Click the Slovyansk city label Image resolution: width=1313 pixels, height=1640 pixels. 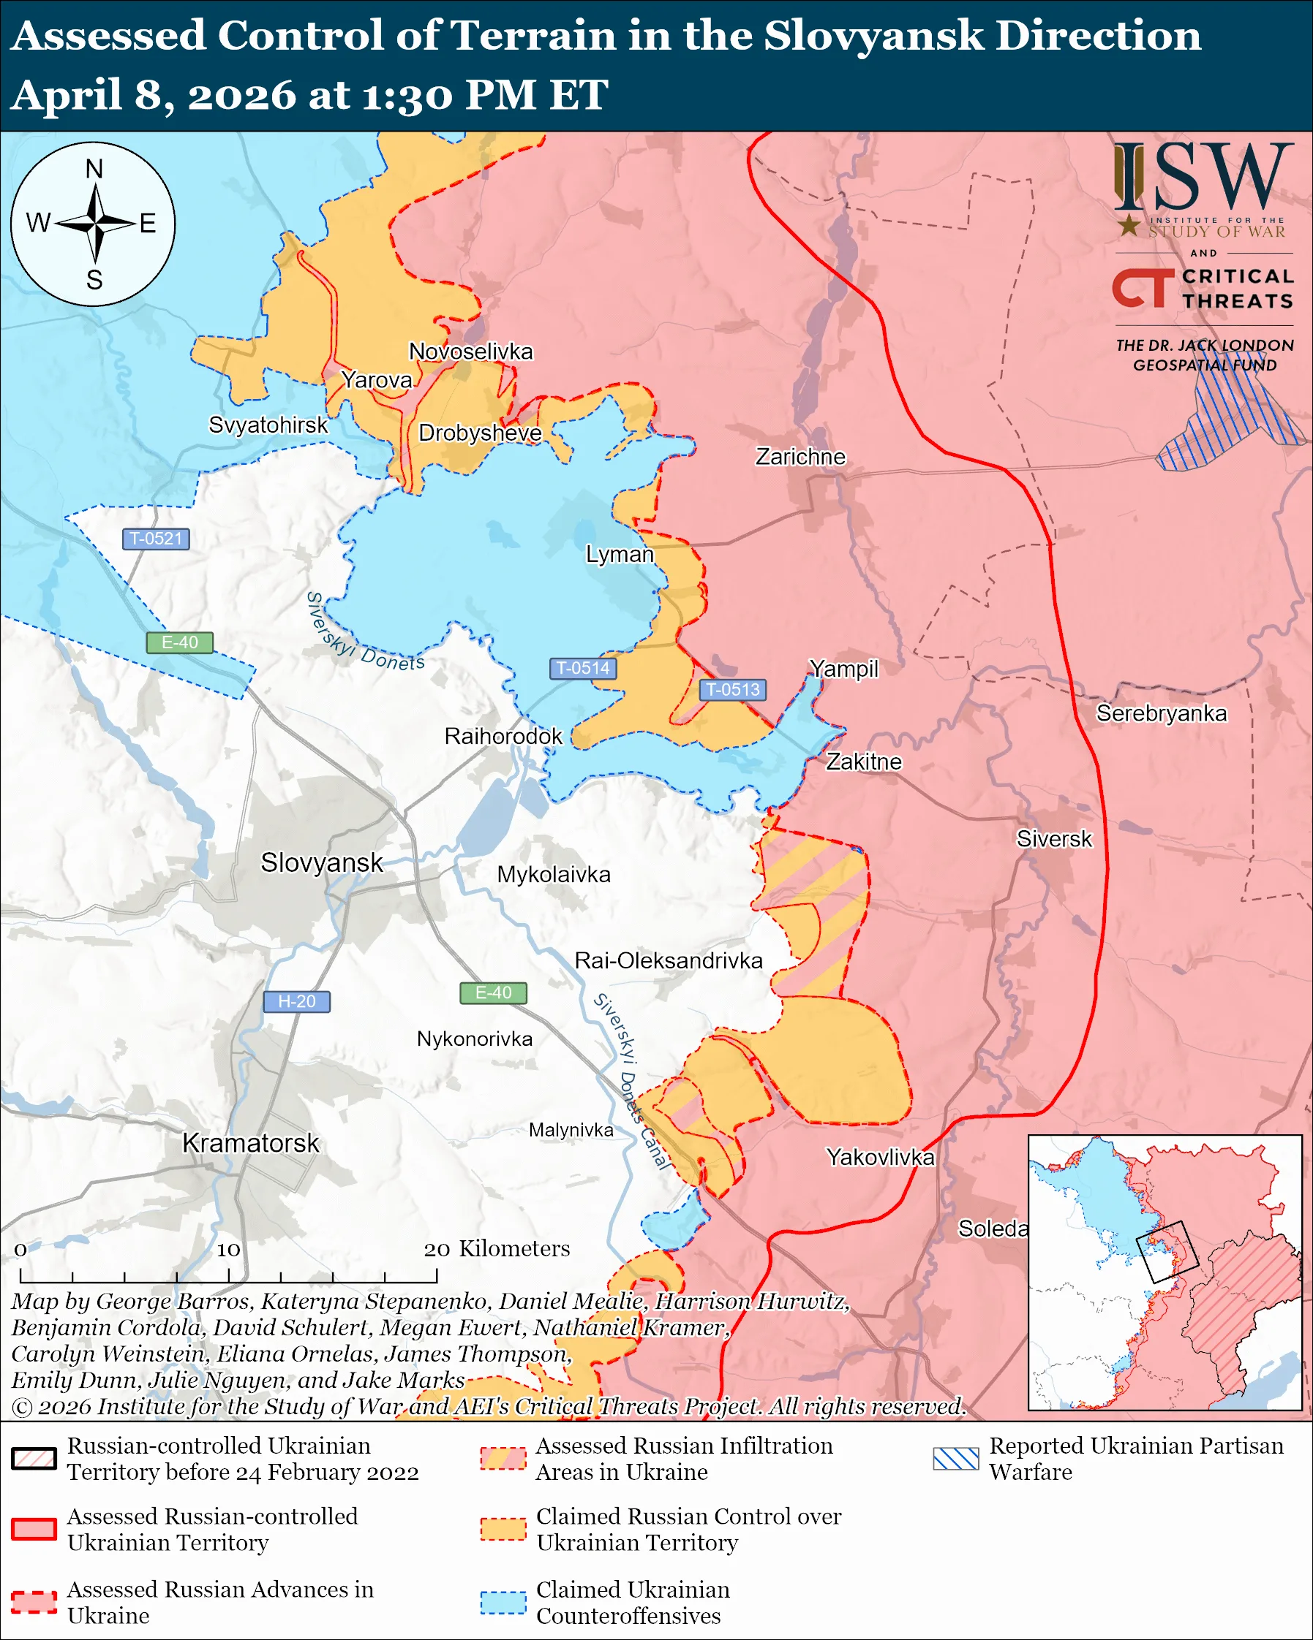click(x=321, y=862)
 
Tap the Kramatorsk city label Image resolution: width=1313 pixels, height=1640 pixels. click(x=250, y=1142)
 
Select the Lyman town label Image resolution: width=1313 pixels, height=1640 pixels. click(x=620, y=554)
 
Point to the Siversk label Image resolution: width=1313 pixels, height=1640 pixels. click(x=1053, y=838)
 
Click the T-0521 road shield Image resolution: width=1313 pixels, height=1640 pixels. click(x=155, y=539)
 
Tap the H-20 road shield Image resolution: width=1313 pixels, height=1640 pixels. click(x=296, y=1001)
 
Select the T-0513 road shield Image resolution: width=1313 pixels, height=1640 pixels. click(x=732, y=689)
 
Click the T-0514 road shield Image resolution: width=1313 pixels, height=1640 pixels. click(x=582, y=668)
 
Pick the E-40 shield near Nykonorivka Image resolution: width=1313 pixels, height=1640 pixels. click(x=493, y=992)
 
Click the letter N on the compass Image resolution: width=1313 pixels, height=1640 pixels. click(x=94, y=169)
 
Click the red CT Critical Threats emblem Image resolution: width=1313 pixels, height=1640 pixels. click(x=1143, y=287)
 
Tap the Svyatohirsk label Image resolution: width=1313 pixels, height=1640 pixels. click(x=268, y=425)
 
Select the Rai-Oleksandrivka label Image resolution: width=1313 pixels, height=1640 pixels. click(x=669, y=960)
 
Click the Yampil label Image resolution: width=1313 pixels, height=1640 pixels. click(x=843, y=668)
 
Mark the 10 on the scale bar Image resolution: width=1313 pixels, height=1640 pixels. click(x=228, y=1249)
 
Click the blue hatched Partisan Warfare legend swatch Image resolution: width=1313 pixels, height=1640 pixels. click(x=955, y=1458)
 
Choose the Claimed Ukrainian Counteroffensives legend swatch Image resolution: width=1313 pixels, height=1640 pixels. click(x=503, y=1603)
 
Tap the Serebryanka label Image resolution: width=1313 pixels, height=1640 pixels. click(x=1161, y=713)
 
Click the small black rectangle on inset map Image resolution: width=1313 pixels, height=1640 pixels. click(x=1167, y=1251)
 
